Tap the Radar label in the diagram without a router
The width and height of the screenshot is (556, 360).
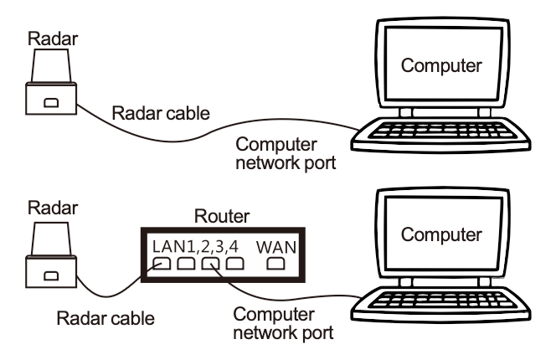(46, 39)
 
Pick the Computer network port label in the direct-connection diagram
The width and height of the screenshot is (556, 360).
(285, 153)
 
